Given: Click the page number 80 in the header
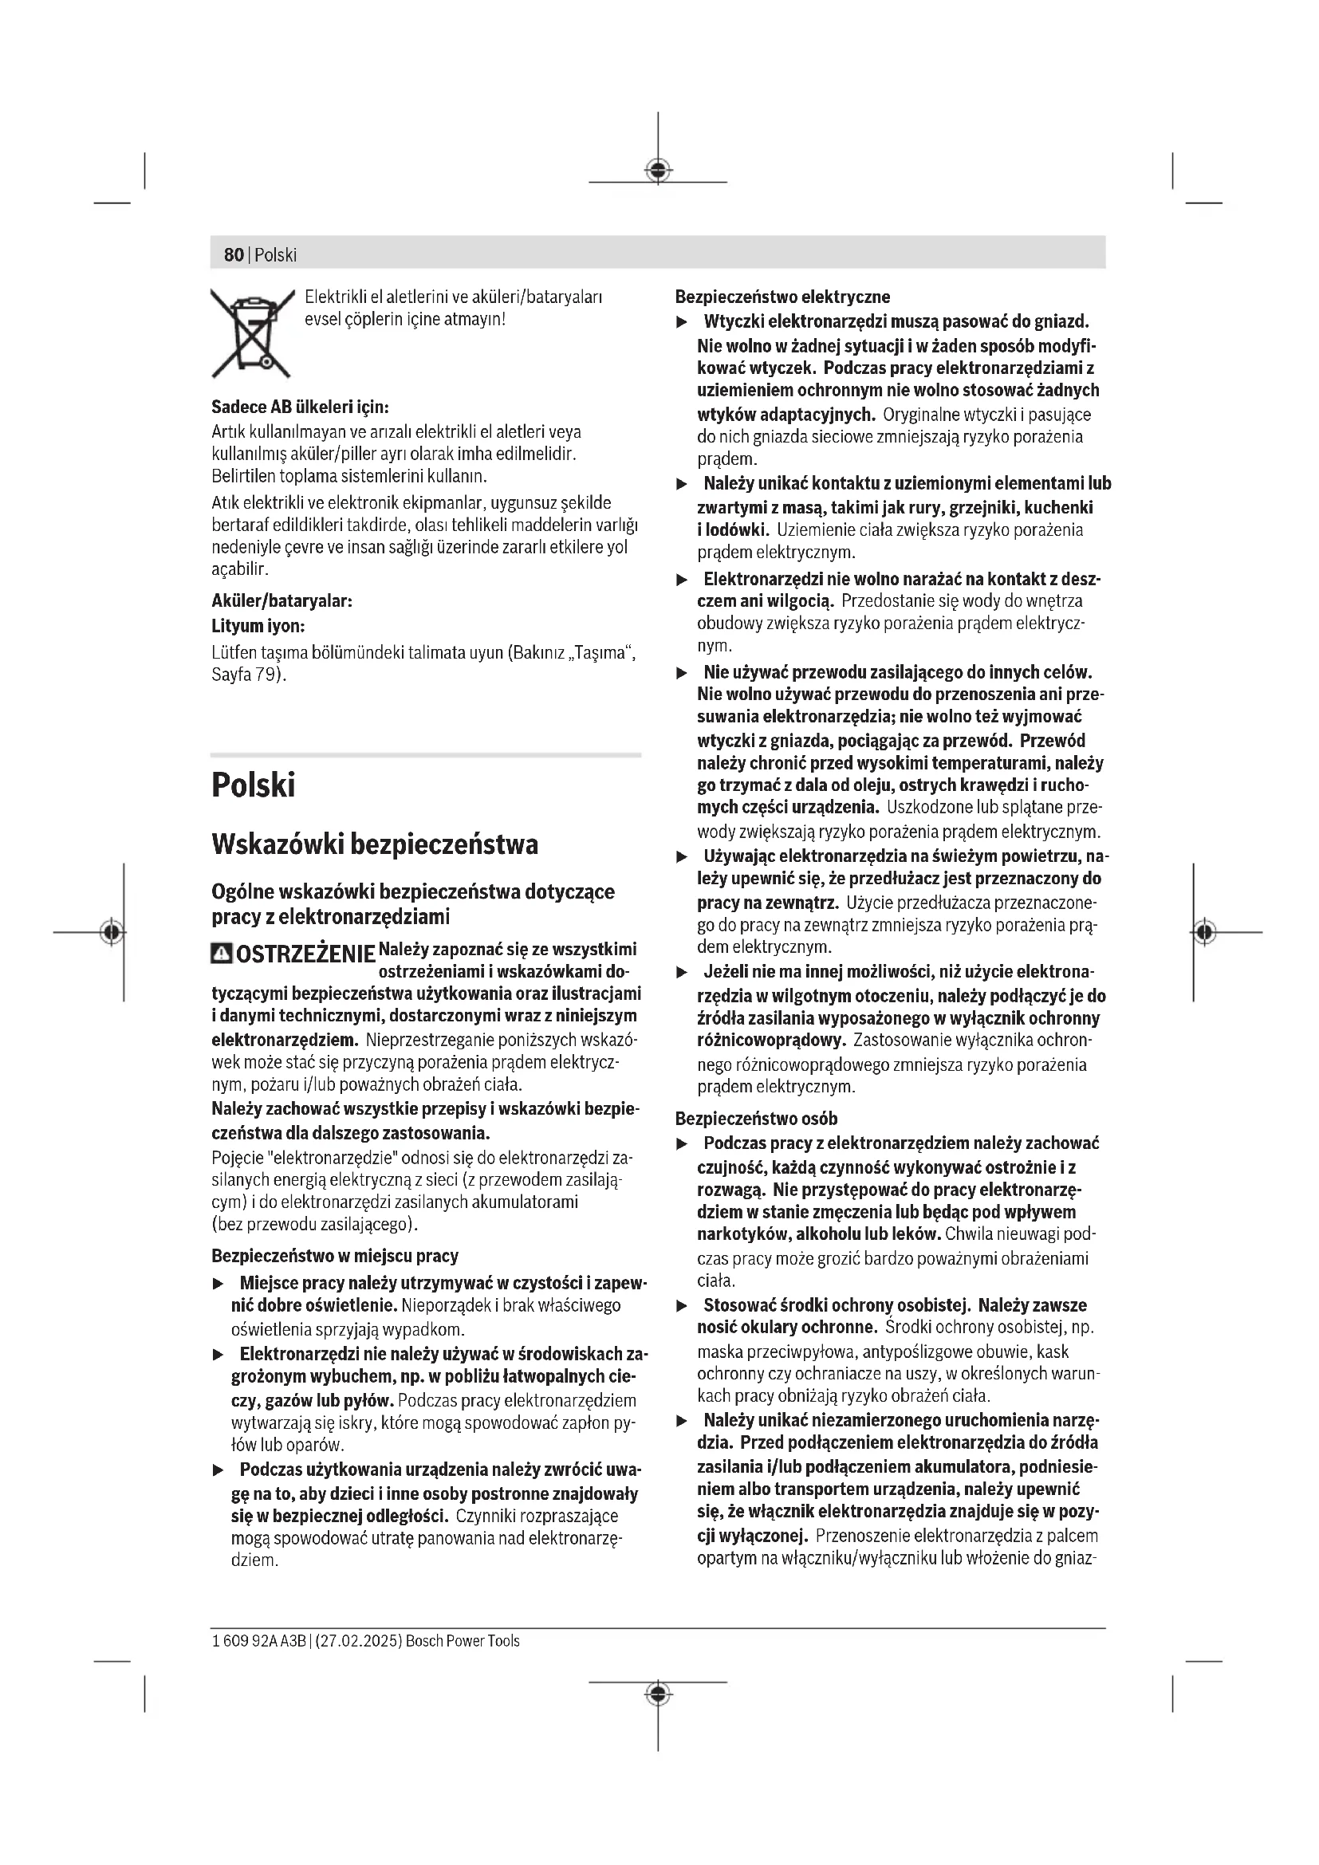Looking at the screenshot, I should pyautogui.click(x=233, y=255).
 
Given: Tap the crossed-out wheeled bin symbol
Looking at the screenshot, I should pyautogui.click(x=253, y=333).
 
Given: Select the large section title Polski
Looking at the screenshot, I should pyautogui.click(x=253, y=785).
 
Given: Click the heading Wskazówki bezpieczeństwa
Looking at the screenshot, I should pyautogui.click(x=375, y=844).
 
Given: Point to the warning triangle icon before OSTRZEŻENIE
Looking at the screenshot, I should pyautogui.click(x=221, y=954).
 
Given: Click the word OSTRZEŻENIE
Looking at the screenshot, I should pyautogui.click(x=305, y=954).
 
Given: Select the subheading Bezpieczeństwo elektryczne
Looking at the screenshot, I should pyautogui.click(x=782, y=297).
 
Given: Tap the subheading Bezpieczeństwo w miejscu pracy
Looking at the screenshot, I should pyautogui.click(x=335, y=1256).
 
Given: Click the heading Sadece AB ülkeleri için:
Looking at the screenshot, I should pyautogui.click(x=300, y=406).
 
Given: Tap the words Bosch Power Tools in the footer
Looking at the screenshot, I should pyautogui.click(x=463, y=1641).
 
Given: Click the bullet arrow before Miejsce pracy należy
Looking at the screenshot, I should pyautogui.click(x=218, y=1285).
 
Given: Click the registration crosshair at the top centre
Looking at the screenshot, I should pyautogui.click(x=658, y=170).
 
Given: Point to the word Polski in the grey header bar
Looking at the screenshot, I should pyautogui.click(x=275, y=255).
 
